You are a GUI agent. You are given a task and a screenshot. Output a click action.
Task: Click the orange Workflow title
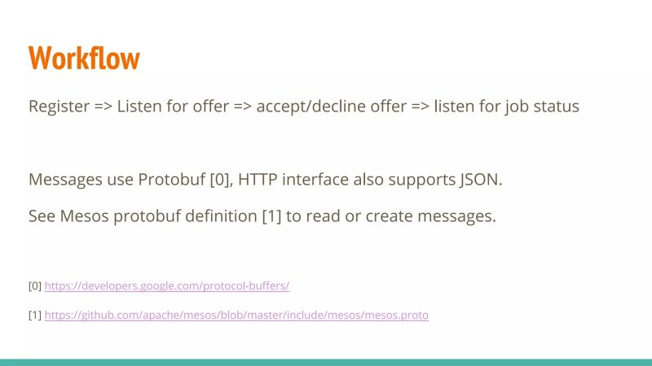coord(84,58)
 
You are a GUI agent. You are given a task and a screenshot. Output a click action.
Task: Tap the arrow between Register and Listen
coord(104,107)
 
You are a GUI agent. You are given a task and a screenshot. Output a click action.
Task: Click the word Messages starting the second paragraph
coord(66,180)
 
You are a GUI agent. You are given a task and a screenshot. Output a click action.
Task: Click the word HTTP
coord(259,180)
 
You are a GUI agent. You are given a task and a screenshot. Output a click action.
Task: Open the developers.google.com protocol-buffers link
coord(167,286)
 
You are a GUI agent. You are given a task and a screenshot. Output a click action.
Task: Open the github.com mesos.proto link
coord(236,315)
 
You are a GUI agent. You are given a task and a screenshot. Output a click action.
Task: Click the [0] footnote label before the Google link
coord(35,286)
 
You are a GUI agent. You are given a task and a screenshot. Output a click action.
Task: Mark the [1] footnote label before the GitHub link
coord(35,315)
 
